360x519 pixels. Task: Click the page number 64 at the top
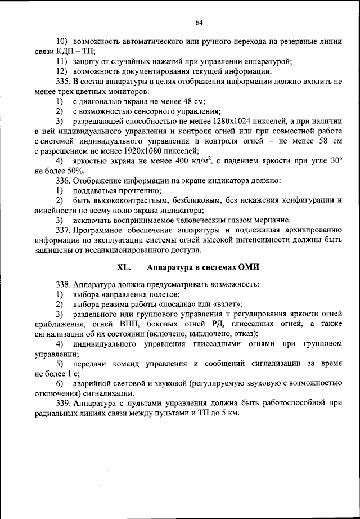point(199,22)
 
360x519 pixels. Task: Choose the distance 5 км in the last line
point(230,414)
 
